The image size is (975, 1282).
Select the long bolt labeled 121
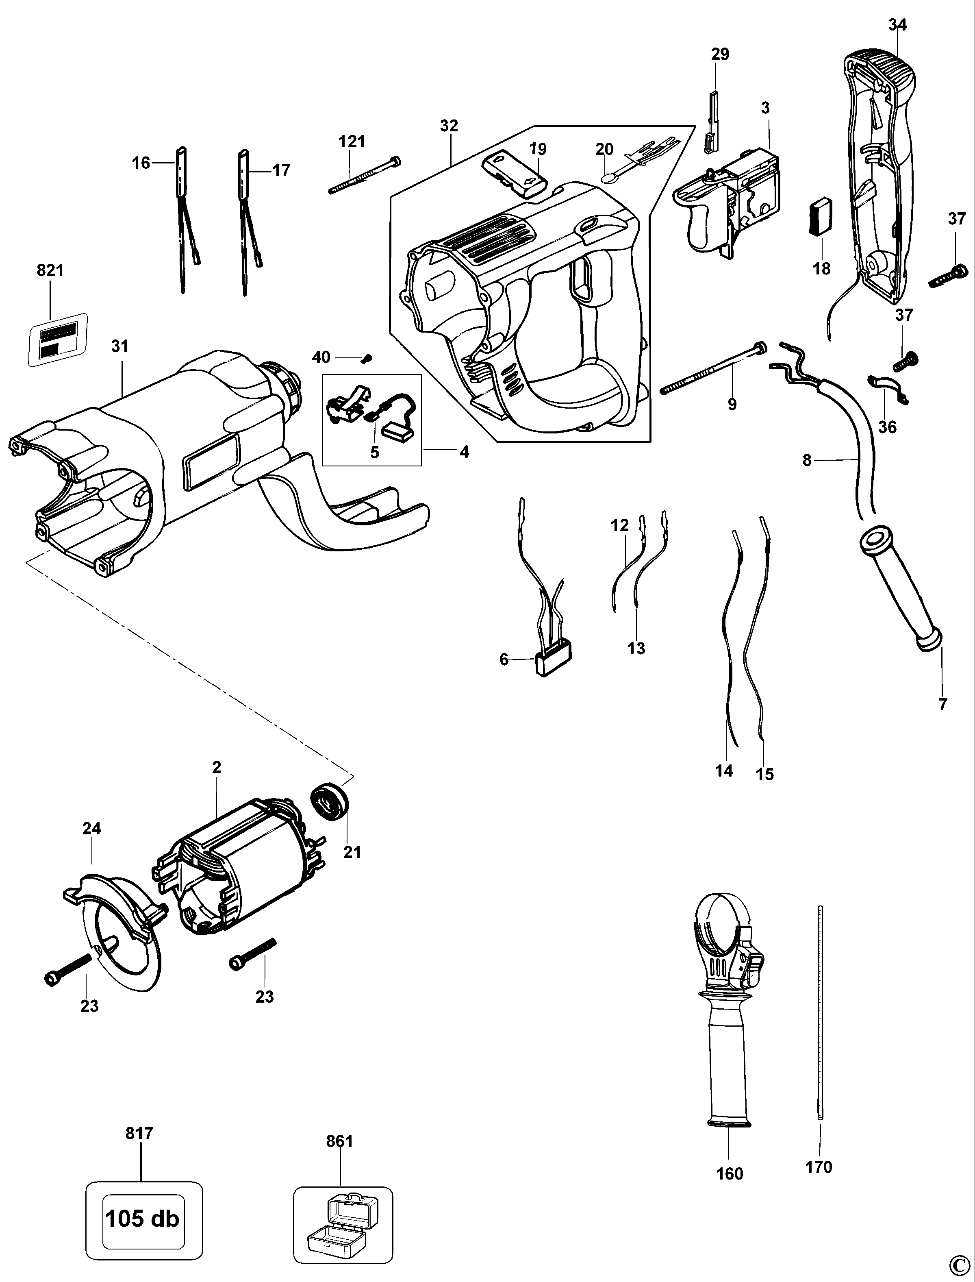pyautogui.click(x=363, y=176)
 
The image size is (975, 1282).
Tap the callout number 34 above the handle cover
pyautogui.click(x=897, y=24)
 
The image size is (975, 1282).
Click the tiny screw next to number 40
pyautogui.click(x=366, y=359)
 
